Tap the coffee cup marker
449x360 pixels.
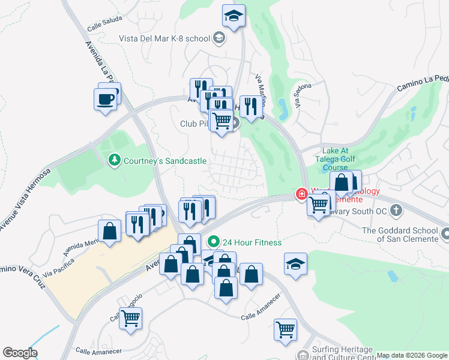[106, 98]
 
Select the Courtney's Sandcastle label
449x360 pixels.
[164, 161]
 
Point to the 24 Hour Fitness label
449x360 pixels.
[252, 242]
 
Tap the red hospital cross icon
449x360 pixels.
[301, 194]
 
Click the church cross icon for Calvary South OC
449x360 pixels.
[396, 210]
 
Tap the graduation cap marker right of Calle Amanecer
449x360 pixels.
[295, 265]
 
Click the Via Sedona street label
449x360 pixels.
[298, 95]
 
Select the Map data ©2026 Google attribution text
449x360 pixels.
[412, 356]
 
